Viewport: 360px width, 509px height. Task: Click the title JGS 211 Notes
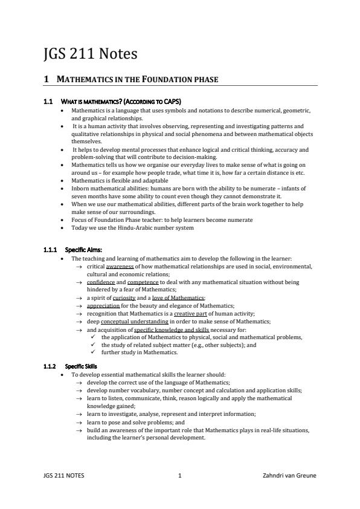coord(90,54)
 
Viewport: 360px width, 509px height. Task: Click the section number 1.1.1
coord(52,250)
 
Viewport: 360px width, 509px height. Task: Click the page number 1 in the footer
coord(180,475)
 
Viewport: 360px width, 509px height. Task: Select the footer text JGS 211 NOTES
coord(64,475)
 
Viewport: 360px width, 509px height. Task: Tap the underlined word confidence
coord(101,282)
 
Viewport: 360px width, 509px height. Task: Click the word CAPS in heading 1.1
coord(171,101)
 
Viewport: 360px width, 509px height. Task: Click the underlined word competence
coord(143,282)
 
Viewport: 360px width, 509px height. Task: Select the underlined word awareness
coord(120,267)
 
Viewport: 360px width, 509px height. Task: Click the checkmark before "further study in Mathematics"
coord(92,352)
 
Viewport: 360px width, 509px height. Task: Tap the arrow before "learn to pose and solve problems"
coord(79,422)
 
